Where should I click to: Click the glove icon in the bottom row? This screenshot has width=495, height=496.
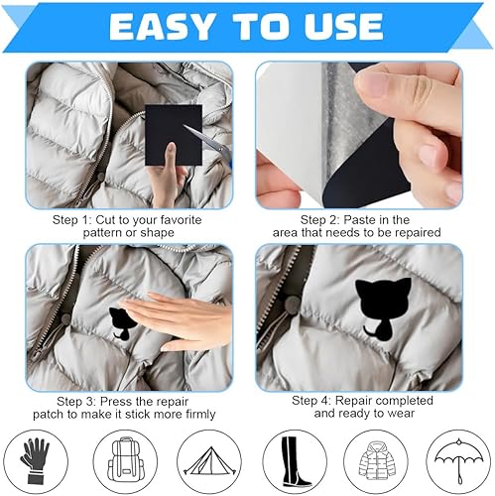(x=36, y=461)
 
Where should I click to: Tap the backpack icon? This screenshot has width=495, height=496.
(x=125, y=460)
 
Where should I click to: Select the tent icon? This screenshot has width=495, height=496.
(x=209, y=461)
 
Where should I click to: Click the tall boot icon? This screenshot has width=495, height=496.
(x=295, y=462)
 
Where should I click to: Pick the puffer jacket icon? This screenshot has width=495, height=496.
(x=377, y=460)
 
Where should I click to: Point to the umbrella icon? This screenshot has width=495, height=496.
(x=458, y=460)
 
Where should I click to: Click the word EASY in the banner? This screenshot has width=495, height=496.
(x=161, y=27)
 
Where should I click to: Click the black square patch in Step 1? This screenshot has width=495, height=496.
(x=174, y=136)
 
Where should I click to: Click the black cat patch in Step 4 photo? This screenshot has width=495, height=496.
(x=384, y=310)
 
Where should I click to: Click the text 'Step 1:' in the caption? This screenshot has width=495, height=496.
(x=71, y=220)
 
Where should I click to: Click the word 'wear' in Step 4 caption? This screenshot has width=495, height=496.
(x=402, y=414)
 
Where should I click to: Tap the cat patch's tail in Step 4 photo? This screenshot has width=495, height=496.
(x=370, y=331)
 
